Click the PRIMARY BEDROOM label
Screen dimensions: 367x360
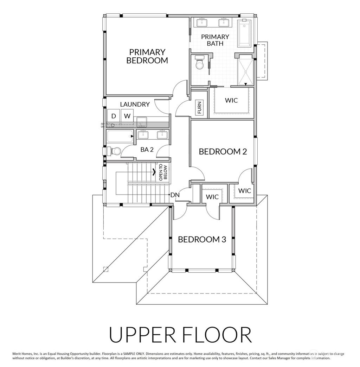(147, 56)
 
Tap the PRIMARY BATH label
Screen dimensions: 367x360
(215, 40)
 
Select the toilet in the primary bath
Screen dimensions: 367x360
(199, 63)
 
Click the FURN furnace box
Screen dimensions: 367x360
(199, 108)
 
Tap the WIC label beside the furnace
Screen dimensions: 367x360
(231, 100)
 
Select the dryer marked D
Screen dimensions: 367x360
(114, 116)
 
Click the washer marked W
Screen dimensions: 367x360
(127, 116)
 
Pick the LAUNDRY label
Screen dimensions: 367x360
(135, 105)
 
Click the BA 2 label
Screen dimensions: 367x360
(147, 150)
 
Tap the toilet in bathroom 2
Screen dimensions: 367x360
(114, 151)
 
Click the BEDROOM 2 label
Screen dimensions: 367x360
(223, 152)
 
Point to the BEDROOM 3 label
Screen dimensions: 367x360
(202, 240)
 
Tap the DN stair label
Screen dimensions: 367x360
(175, 195)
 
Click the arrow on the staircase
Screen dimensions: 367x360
(155, 172)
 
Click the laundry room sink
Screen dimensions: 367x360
(142, 122)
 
